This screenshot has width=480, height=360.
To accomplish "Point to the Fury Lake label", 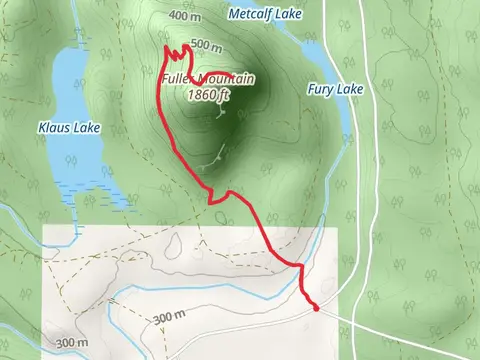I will (335, 89).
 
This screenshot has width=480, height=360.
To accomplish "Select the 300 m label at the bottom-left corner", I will (72, 342).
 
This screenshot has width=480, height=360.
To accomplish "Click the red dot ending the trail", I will (316, 308).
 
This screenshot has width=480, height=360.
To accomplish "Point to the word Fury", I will (321, 89).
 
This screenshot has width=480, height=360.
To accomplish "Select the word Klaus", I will (55, 128).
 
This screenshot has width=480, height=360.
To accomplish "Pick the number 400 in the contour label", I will (179, 16).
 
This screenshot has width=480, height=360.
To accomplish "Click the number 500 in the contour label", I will (199, 45).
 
